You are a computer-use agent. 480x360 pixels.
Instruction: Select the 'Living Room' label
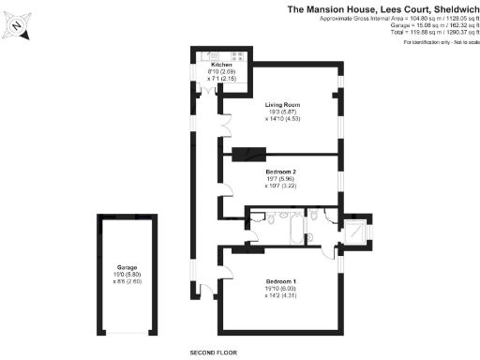click(282, 104)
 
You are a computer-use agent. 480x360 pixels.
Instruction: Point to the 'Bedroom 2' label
click(282, 173)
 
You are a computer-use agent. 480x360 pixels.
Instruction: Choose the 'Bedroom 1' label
click(282, 282)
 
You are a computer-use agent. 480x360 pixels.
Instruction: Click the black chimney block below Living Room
click(248, 153)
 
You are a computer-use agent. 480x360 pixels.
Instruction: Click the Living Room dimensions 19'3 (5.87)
click(282, 112)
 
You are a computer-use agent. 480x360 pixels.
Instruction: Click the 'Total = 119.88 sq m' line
click(413, 32)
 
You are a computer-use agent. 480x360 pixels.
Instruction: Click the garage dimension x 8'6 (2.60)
click(128, 280)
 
